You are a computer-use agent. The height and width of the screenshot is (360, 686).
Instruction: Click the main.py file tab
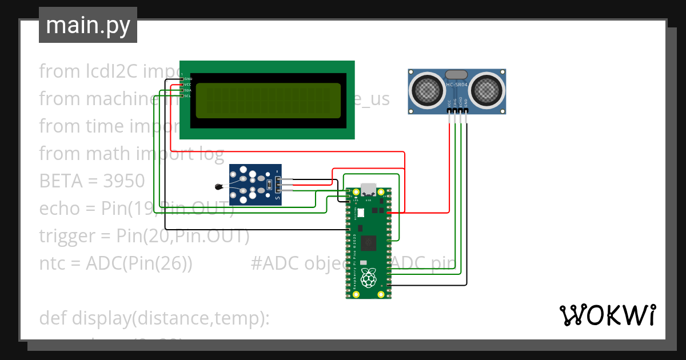(x=87, y=25)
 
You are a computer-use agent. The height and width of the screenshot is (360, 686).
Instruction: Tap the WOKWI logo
(x=607, y=315)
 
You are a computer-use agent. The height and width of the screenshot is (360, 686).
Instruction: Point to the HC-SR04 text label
(x=457, y=85)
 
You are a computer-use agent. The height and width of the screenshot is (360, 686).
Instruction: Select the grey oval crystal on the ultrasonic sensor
(x=456, y=74)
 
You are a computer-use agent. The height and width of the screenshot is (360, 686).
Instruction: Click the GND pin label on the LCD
(x=188, y=79)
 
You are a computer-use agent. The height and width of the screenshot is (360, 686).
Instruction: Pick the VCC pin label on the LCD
(x=188, y=85)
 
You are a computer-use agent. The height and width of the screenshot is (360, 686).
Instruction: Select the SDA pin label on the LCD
(x=188, y=90)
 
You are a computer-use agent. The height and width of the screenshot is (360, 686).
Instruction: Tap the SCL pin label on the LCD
(x=188, y=96)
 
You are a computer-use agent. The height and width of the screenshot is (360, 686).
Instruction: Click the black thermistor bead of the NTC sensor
(x=218, y=186)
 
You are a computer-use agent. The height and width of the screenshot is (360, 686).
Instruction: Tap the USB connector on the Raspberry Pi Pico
(x=369, y=190)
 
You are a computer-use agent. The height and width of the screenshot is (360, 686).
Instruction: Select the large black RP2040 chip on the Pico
(x=369, y=243)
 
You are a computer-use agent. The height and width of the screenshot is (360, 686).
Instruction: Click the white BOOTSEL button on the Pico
(x=361, y=212)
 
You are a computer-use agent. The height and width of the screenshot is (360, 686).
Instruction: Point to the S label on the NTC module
(x=278, y=198)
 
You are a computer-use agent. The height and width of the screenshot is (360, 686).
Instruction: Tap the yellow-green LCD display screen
(x=268, y=101)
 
